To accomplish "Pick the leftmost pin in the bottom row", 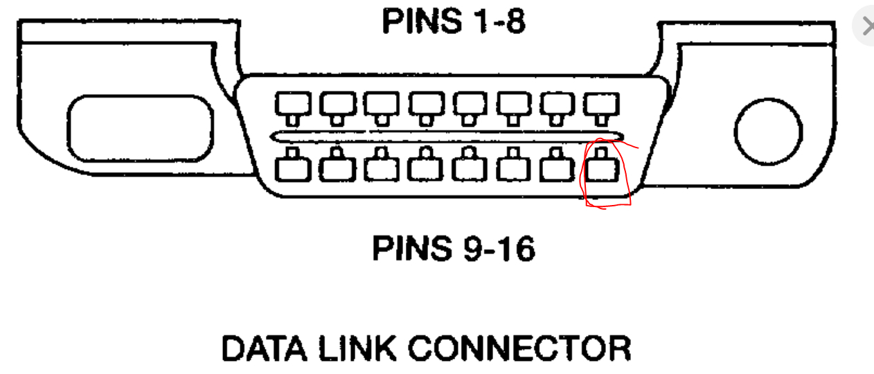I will (292, 167).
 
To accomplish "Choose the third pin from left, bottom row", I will (381, 167).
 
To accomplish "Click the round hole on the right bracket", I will (768, 132).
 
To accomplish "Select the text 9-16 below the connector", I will (497, 249).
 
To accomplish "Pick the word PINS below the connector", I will (409, 249).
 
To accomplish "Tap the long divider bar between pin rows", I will (447, 136).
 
